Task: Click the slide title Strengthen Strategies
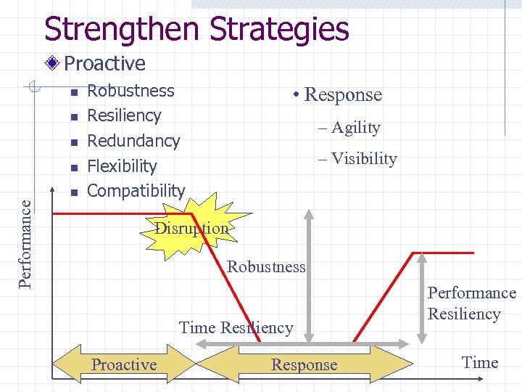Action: tap(196, 30)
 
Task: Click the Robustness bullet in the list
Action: tap(130, 91)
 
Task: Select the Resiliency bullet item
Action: tap(124, 115)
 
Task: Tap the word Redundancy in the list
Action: tap(133, 141)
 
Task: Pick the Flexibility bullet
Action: tap(122, 166)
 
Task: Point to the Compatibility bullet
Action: tap(136, 191)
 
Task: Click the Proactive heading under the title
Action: tap(104, 64)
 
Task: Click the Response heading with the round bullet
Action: tap(341, 95)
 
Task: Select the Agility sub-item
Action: tap(355, 128)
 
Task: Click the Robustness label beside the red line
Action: tap(266, 266)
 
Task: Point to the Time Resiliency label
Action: tap(236, 327)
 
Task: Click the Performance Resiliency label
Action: tap(471, 303)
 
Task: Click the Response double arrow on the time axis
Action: tap(304, 364)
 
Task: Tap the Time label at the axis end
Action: tap(480, 362)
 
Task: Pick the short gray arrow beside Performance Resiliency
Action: tap(421, 298)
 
